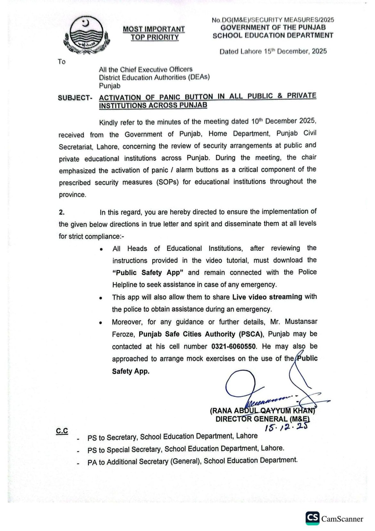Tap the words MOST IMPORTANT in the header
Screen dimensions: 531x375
click(x=154, y=29)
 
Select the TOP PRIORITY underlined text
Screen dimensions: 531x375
click(x=154, y=38)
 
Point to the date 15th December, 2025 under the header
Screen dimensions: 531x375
click(x=273, y=51)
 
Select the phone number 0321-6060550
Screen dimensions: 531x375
click(x=234, y=346)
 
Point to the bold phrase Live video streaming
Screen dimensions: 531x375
click(x=267, y=297)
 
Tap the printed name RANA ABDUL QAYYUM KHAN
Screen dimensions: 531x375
click(x=262, y=411)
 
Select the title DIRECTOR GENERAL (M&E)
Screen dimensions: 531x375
click(x=262, y=419)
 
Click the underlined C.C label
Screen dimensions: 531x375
click(x=62, y=431)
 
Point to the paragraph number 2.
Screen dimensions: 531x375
click(x=62, y=212)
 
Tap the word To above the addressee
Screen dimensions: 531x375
click(x=62, y=62)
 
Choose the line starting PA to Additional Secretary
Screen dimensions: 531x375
click(x=192, y=461)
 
